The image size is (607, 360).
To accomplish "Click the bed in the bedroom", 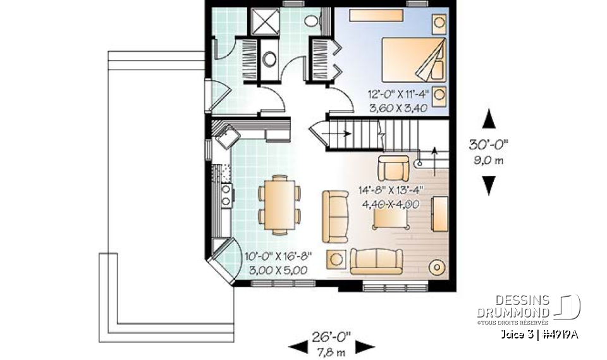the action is (x=414, y=59).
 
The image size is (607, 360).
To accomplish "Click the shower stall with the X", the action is (x=265, y=22).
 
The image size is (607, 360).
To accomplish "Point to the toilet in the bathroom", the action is (x=311, y=20).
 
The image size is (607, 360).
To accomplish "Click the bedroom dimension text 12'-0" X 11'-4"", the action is (x=398, y=94).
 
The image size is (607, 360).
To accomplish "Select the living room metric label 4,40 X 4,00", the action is (x=391, y=204).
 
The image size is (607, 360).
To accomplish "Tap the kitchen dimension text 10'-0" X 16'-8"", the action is (x=278, y=256).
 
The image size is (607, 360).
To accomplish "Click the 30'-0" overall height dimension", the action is (x=488, y=144).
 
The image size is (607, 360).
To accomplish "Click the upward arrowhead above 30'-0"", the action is (x=489, y=118).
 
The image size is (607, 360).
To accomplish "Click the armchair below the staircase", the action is (x=393, y=168).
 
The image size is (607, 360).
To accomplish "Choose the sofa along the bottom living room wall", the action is (x=376, y=261).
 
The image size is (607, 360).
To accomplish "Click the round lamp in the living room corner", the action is (x=438, y=266).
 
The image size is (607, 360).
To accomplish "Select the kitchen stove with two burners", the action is (x=226, y=196).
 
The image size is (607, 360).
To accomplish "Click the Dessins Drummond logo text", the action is (x=513, y=306).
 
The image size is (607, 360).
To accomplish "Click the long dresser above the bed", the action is (x=376, y=15).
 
